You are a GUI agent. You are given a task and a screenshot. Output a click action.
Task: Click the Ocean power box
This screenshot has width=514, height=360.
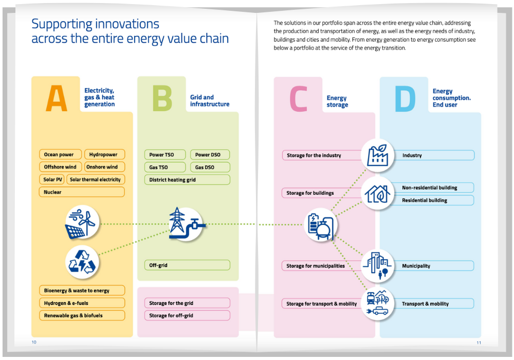tap(60, 154)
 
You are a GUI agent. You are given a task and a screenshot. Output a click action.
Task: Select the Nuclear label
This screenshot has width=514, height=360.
tap(52, 192)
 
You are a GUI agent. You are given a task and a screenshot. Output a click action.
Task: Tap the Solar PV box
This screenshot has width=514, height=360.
tap(52, 179)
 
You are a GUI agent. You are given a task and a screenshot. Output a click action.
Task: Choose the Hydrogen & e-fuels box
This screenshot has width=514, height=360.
tap(82, 303)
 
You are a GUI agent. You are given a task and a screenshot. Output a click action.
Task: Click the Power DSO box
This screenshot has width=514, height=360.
tap(210, 155)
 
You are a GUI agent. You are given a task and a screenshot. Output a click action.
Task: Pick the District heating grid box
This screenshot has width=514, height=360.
tap(187, 179)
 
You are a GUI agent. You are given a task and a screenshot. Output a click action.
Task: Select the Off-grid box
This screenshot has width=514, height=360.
tap(187, 265)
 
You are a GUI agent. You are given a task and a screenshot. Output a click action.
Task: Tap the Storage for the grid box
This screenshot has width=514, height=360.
tap(187, 303)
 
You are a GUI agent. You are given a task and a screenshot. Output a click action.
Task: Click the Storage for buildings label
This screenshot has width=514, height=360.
tap(310, 193)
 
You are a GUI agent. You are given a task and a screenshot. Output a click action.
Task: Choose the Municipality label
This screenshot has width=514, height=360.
tap(416, 266)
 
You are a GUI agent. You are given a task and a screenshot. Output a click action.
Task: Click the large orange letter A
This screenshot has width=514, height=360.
tap(57, 98)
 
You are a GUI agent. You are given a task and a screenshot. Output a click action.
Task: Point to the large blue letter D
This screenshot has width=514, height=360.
tap(405, 99)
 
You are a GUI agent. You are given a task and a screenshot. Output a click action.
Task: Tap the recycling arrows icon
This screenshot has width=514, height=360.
tap(82, 262)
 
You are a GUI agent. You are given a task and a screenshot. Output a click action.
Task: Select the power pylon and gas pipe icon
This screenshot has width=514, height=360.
tap(186, 224)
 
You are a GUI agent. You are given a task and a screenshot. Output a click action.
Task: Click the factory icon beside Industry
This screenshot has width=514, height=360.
tap(378, 155)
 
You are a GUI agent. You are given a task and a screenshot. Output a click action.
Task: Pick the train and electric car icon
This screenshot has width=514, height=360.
tap(378, 303)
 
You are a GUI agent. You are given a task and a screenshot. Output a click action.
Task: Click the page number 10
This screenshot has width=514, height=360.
tap(34, 342)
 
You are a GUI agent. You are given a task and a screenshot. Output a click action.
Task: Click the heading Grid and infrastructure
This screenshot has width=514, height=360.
tap(210, 101)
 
